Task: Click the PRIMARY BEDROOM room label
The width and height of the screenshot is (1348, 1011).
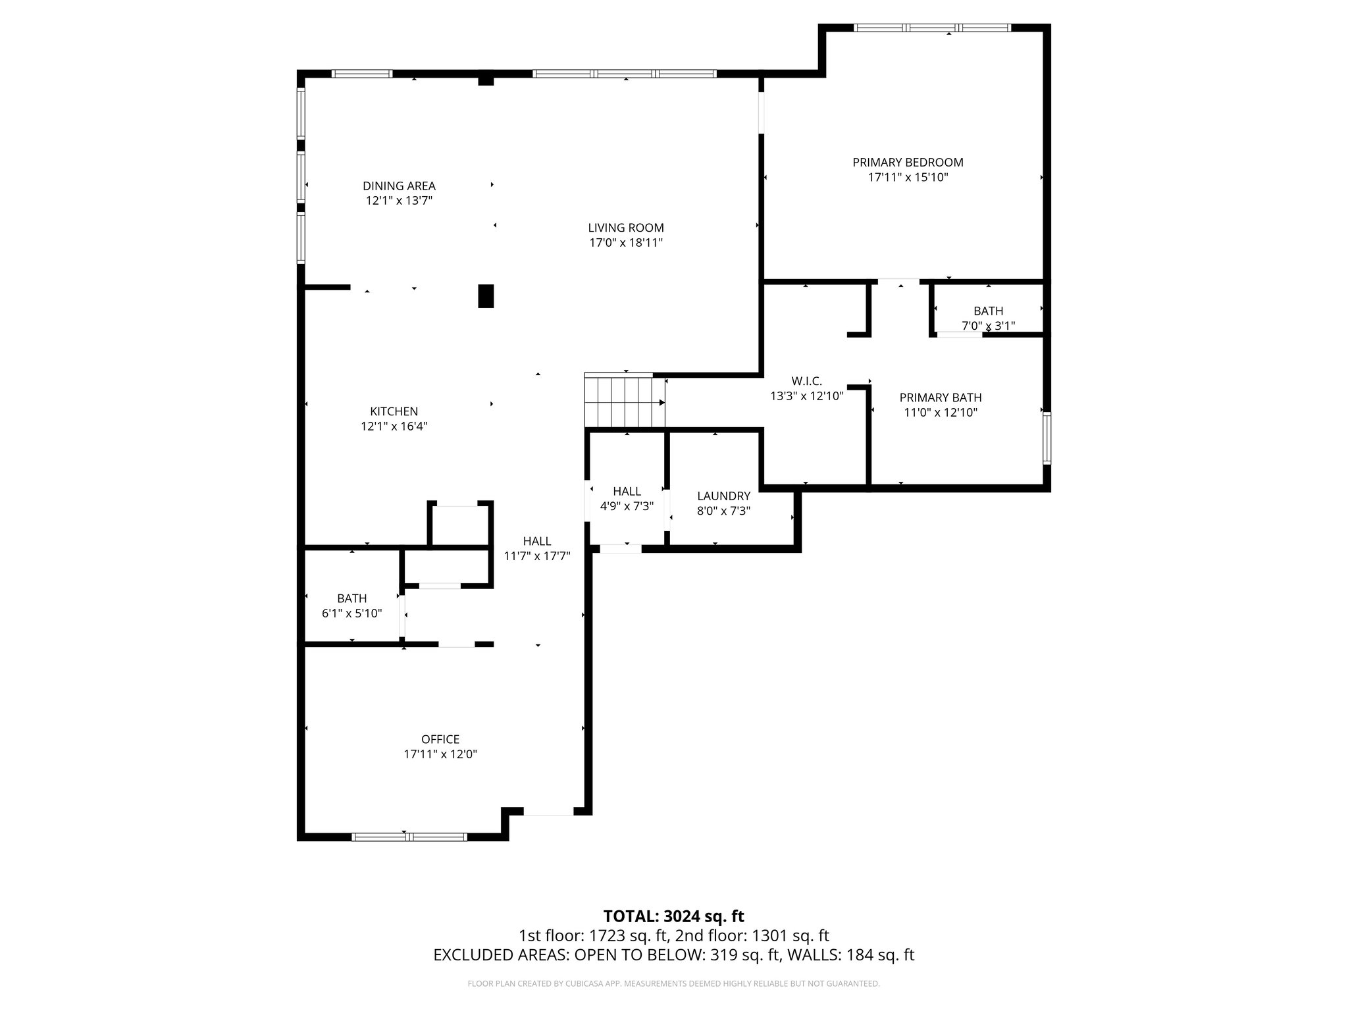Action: point(908,162)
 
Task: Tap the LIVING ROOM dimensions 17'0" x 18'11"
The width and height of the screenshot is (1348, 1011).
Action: point(625,243)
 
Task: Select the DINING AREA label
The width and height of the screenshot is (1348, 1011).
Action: point(399,186)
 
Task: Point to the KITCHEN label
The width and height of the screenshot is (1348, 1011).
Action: point(394,411)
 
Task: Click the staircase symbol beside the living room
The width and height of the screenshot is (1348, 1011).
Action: point(625,402)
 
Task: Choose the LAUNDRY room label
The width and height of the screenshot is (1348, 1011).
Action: point(723,496)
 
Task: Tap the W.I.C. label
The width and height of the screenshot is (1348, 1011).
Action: point(806,381)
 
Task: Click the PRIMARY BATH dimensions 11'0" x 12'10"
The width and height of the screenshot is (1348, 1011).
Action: point(941,413)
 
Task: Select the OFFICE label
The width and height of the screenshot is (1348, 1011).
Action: point(440,739)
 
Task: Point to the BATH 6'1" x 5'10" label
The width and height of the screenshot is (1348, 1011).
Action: point(351,598)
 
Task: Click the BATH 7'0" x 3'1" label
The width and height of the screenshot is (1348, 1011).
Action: point(988,311)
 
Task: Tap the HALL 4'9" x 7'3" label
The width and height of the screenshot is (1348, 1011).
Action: point(627,491)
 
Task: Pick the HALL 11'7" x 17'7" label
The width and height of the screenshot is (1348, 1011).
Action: point(536,541)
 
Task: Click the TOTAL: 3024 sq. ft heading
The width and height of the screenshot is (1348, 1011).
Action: point(673,916)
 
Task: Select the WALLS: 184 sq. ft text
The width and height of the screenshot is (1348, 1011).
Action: point(846,955)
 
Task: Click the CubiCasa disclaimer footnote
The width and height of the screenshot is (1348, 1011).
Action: point(673,983)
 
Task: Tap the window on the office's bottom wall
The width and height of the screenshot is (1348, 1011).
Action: point(409,837)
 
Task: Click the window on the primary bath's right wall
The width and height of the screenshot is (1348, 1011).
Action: point(1047,438)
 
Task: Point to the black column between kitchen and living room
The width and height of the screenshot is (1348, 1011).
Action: point(486,296)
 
